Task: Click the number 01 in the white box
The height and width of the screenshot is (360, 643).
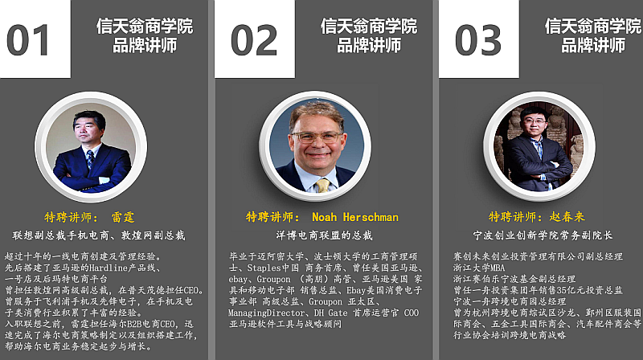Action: tap(28, 40)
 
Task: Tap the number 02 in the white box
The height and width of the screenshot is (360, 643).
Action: tap(254, 40)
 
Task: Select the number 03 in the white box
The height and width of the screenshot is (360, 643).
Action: tap(478, 40)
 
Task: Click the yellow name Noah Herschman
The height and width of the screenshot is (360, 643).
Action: tap(355, 217)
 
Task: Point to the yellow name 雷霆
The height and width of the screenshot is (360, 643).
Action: tap(123, 217)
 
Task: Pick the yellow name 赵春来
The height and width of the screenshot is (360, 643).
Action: tap(567, 216)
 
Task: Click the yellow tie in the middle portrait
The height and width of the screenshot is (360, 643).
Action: tap(322, 186)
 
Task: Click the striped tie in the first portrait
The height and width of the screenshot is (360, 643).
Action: tap(90, 158)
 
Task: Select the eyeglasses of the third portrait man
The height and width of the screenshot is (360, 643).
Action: tap(534, 121)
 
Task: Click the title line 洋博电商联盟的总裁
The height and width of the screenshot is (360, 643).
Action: tap(324, 235)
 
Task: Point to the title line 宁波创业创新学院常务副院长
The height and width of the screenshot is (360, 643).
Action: tap(543, 235)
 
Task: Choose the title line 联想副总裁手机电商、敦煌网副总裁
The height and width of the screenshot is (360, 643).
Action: tap(99, 235)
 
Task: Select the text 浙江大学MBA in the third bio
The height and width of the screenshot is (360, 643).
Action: tap(479, 268)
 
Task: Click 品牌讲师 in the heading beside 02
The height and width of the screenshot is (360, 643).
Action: tap(369, 45)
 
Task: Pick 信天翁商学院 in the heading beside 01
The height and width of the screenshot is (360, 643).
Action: tap(145, 27)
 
